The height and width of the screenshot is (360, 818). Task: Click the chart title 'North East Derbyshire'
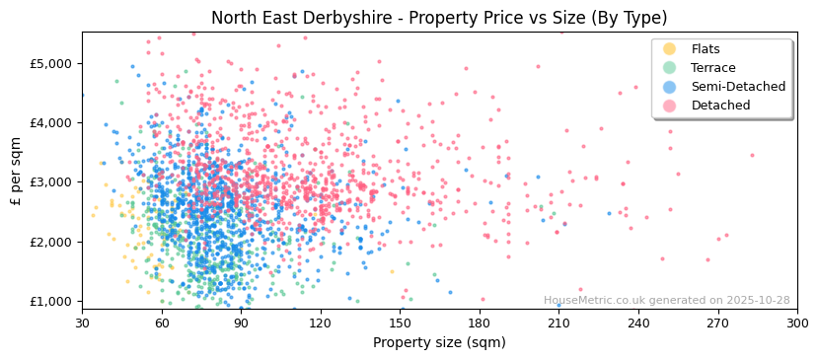click(439, 18)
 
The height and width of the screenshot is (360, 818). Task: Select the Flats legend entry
click(706, 49)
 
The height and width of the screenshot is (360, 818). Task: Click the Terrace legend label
click(712, 68)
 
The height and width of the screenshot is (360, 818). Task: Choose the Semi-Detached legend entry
click(738, 87)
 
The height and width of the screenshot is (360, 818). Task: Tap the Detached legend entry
click(719, 106)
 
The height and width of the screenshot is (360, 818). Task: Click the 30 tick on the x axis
click(82, 323)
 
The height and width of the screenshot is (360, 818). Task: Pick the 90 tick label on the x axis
click(241, 323)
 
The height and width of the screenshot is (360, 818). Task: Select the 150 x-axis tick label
click(400, 323)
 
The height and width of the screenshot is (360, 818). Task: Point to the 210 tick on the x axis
click(558, 323)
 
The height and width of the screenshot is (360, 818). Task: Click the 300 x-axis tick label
click(796, 323)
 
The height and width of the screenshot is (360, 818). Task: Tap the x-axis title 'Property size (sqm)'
click(439, 343)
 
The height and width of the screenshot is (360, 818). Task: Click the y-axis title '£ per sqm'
click(16, 171)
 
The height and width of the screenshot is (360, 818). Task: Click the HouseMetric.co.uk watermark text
click(666, 301)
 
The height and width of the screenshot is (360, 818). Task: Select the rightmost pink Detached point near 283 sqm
click(752, 155)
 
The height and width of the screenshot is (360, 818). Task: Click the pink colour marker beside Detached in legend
click(670, 106)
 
